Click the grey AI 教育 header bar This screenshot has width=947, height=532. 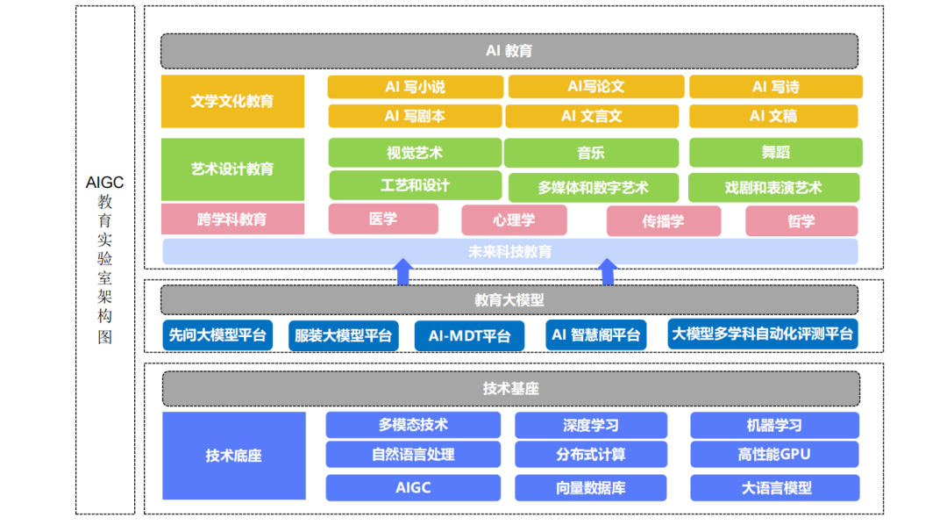[x=509, y=51]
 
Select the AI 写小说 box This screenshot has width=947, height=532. [x=415, y=87]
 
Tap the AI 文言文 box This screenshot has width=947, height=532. [x=592, y=116]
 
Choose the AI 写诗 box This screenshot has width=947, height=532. [x=775, y=87]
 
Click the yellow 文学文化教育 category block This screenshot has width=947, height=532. [x=232, y=101]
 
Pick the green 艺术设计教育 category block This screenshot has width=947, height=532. [x=232, y=169]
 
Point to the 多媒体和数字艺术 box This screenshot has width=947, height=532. [x=592, y=188]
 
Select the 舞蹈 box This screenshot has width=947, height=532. [x=775, y=152]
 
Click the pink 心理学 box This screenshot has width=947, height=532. [x=514, y=220]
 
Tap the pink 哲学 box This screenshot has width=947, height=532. [x=801, y=221]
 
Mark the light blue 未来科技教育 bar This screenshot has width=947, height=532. [x=509, y=252]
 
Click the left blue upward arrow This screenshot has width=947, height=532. [x=402, y=271]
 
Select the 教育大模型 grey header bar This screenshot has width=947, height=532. [x=509, y=299]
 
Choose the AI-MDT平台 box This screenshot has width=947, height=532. [x=469, y=335]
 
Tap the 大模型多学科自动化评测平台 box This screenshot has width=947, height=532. [x=761, y=334]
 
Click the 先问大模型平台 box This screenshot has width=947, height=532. [x=217, y=334]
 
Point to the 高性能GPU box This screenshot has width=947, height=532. [x=774, y=455]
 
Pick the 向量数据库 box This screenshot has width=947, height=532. [x=590, y=488]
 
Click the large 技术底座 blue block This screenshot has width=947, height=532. [x=233, y=456]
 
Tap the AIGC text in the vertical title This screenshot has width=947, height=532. [x=105, y=183]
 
